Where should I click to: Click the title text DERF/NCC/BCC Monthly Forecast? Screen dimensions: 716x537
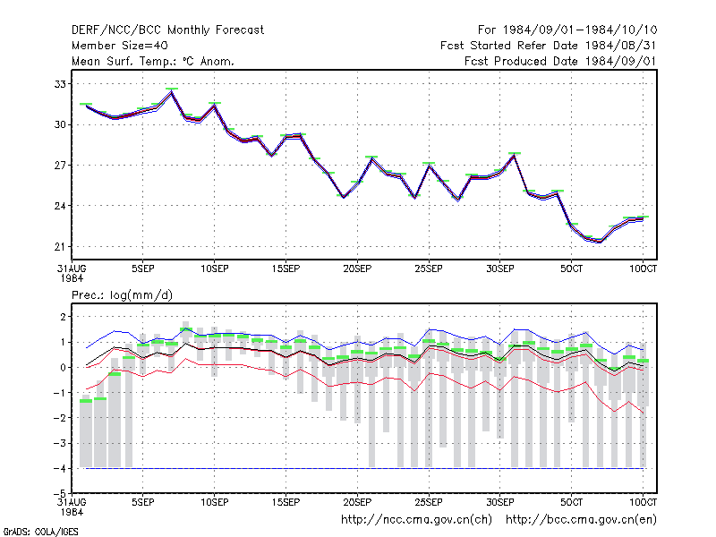click(167, 30)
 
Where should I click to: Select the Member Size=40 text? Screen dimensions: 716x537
click(120, 46)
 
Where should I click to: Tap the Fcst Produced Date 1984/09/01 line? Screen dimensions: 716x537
click(560, 61)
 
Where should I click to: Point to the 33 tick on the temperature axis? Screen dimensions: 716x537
click(60, 84)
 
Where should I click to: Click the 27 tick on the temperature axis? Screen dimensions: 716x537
click(60, 166)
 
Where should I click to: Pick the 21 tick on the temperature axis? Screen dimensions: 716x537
click(60, 247)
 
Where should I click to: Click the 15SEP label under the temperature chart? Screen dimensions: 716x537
click(286, 268)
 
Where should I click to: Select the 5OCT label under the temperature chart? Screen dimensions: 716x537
click(571, 268)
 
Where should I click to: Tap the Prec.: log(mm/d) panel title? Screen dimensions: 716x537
click(122, 295)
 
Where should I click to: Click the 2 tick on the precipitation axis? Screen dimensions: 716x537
click(63, 317)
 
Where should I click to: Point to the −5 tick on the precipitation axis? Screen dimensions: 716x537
click(60, 494)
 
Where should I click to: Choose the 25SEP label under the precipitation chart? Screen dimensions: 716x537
click(429, 502)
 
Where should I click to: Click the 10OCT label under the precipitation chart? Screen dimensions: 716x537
click(643, 502)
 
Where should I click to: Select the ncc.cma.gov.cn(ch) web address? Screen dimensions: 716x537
click(416, 520)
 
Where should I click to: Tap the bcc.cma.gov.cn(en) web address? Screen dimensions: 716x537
click(581, 520)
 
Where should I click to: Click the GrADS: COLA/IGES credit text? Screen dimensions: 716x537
click(41, 532)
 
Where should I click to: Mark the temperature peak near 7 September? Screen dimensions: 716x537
click(172, 92)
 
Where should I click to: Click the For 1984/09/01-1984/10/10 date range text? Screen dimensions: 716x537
click(567, 30)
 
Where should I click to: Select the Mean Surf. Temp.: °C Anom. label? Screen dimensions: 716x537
click(153, 61)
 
